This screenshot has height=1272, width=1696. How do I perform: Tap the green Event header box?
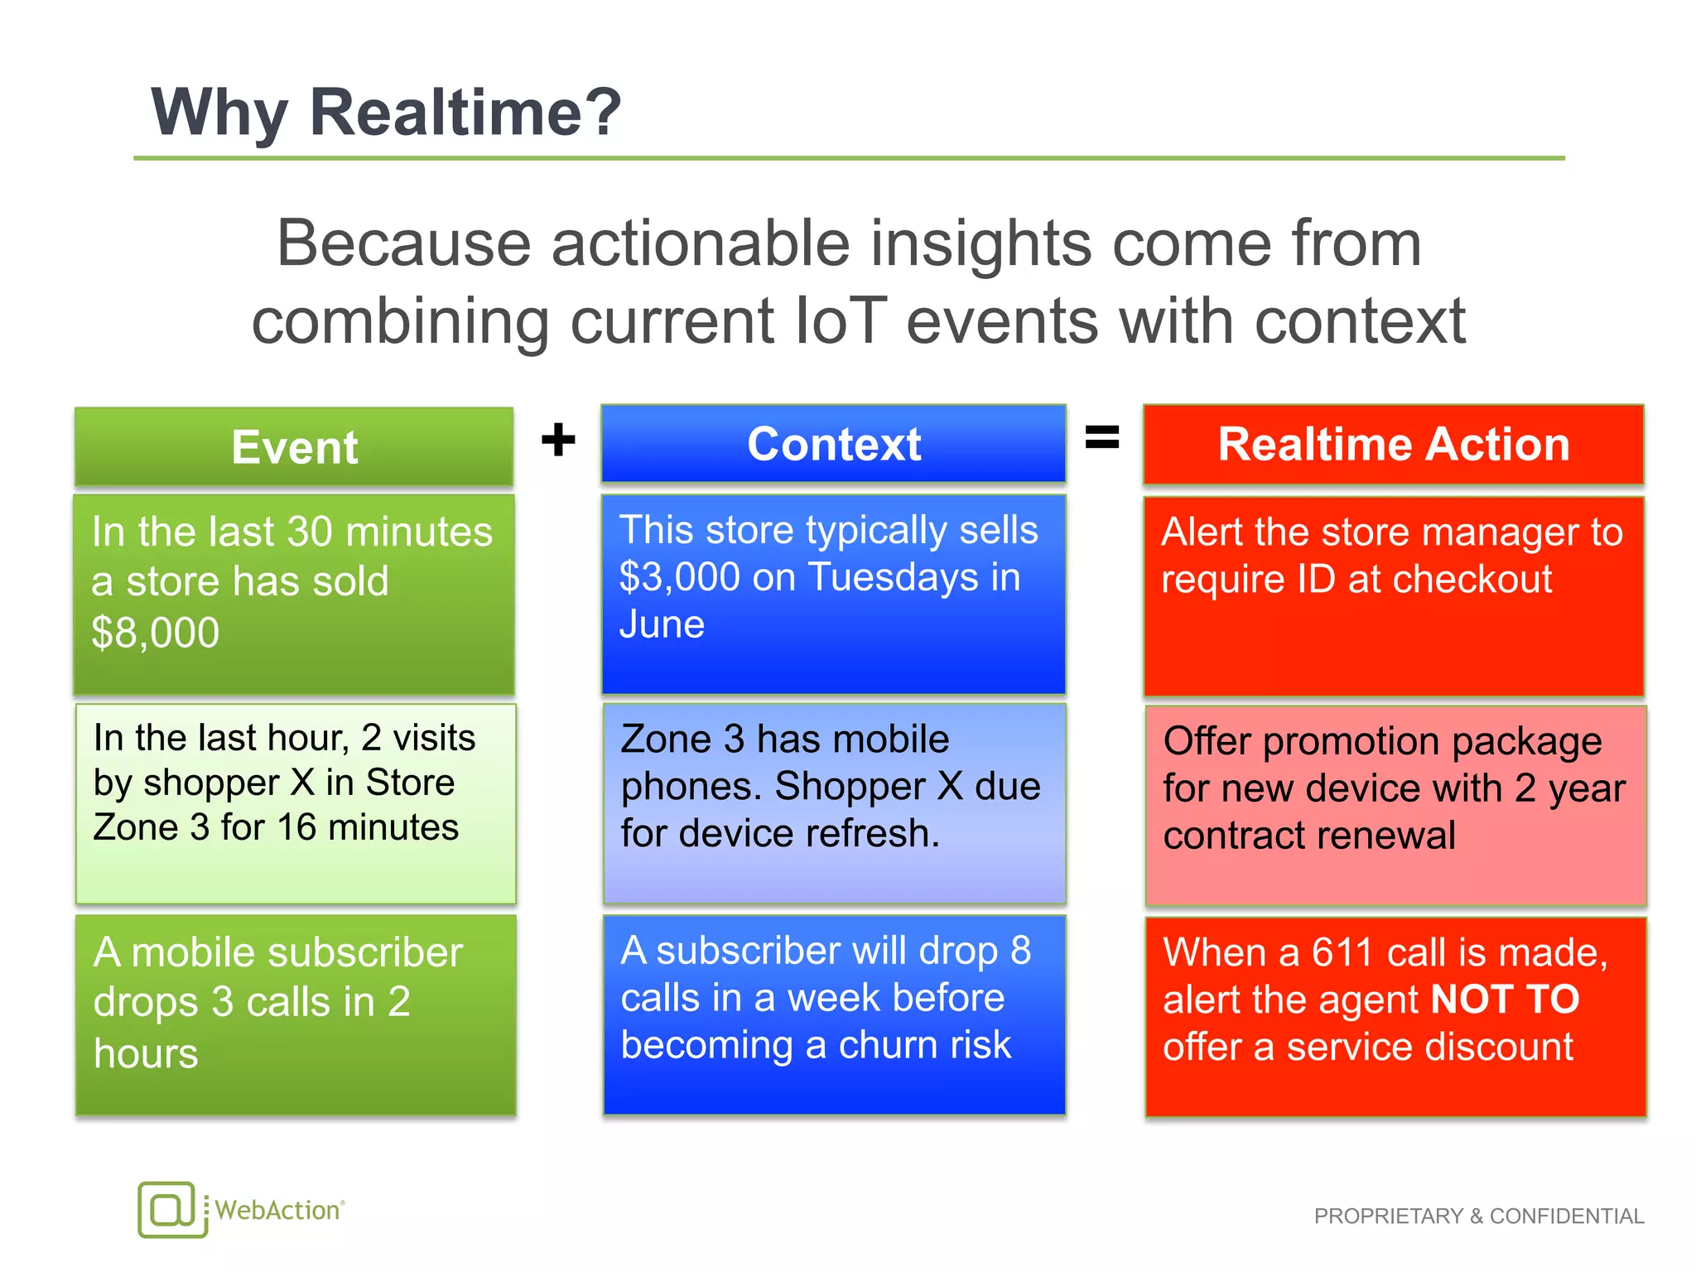tap(294, 447)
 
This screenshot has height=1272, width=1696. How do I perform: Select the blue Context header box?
tap(833, 444)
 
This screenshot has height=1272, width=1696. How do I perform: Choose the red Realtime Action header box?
tap(1393, 444)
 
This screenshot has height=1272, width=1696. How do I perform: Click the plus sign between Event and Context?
tap(558, 439)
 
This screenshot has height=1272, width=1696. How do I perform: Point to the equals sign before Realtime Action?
tap(1102, 436)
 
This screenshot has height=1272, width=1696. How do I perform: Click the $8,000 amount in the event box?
tap(155, 633)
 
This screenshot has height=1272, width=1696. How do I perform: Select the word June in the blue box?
tap(662, 624)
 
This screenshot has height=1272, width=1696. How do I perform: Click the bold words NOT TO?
tap(1505, 1000)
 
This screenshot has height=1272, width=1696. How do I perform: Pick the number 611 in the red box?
tap(1343, 952)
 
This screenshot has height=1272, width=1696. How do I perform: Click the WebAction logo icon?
tap(170, 1210)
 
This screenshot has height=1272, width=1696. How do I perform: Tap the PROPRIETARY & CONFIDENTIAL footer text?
tap(1478, 1216)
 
